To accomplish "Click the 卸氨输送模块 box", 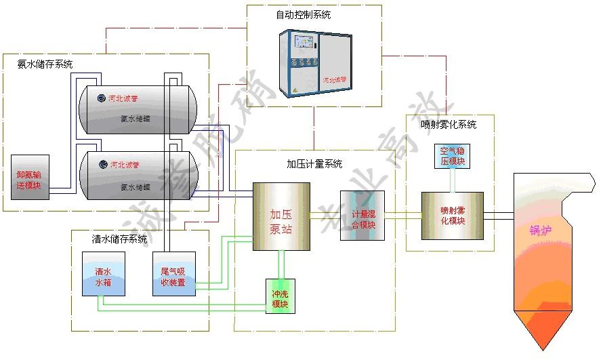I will coord(30,177).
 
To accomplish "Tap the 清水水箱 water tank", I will coord(103,274).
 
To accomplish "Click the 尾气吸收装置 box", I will coord(173,274).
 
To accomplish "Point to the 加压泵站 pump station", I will coord(281,216).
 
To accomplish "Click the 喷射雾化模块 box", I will coord(453,216).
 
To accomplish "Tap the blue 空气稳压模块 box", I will coord(453,157).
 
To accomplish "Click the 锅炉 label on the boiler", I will coord(541,231).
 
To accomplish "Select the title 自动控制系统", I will coord(304,15).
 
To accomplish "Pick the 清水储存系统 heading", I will coord(119,239).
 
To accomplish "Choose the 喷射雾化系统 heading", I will coord(449,125).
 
